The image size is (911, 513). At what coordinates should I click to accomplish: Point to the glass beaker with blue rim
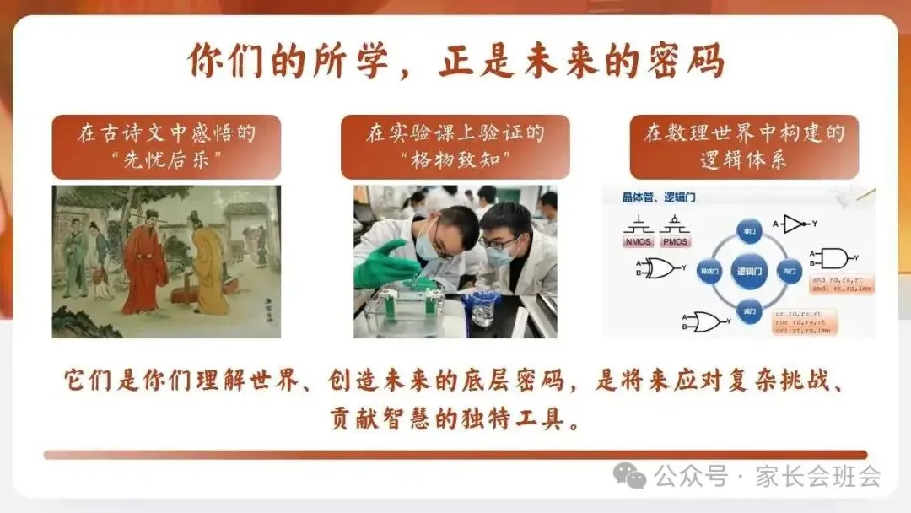pyautogui.click(x=484, y=306)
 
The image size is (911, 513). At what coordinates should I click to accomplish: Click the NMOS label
pyautogui.click(x=639, y=241)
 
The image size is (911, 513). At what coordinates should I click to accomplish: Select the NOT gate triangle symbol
pyautogui.click(x=794, y=224)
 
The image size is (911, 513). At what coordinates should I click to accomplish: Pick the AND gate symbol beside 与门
pyautogui.click(x=833, y=258)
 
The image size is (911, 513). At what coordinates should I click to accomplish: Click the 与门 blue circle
pyautogui.click(x=790, y=272)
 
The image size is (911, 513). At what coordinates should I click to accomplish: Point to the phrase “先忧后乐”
pyautogui.click(x=166, y=159)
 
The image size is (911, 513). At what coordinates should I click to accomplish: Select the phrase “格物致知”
pyautogui.click(x=455, y=159)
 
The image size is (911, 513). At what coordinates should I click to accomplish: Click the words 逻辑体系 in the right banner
pyautogui.click(x=744, y=159)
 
